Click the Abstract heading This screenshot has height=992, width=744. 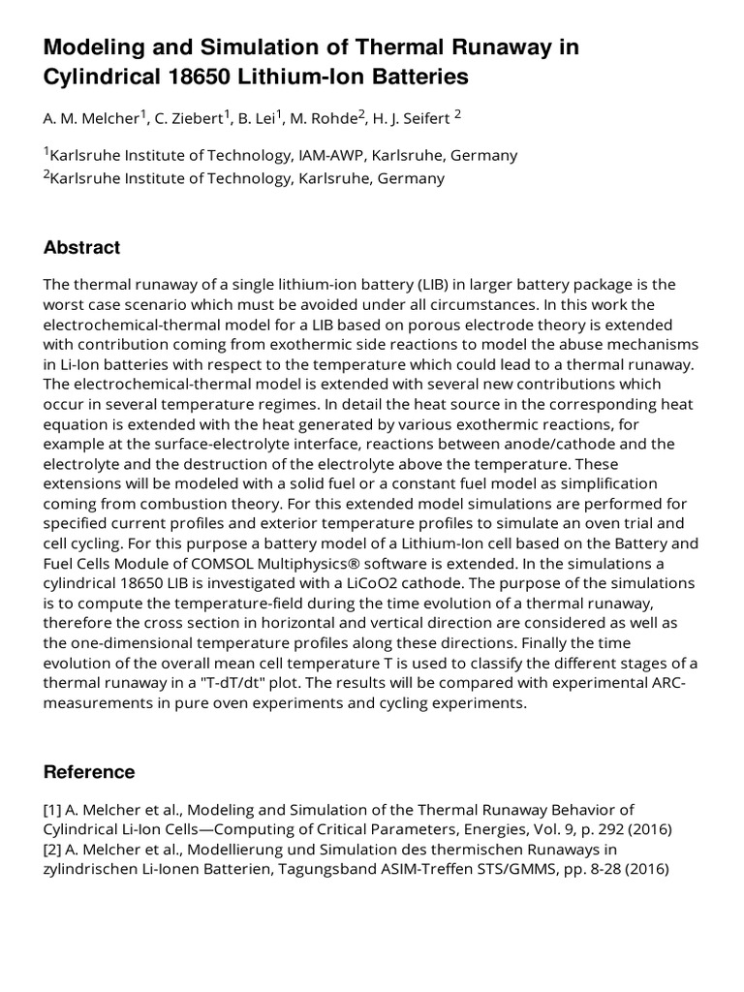click(x=81, y=248)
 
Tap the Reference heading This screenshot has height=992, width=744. click(x=89, y=772)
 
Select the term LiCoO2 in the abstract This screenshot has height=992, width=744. click(x=492, y=582)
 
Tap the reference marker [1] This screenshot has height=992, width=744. click(x=53, y=810)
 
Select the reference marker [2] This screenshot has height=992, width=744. click(x=53, y=850)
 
